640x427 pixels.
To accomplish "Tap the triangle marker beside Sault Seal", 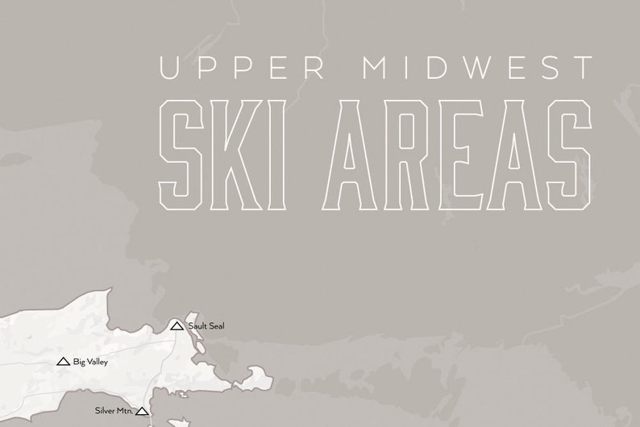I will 177,325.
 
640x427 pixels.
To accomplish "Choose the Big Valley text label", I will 89,362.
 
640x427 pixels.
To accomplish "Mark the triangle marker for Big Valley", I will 63,362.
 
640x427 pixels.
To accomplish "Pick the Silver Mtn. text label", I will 112,411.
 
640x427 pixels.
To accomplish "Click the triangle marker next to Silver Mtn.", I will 143,411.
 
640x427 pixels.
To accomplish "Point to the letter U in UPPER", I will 173,68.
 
